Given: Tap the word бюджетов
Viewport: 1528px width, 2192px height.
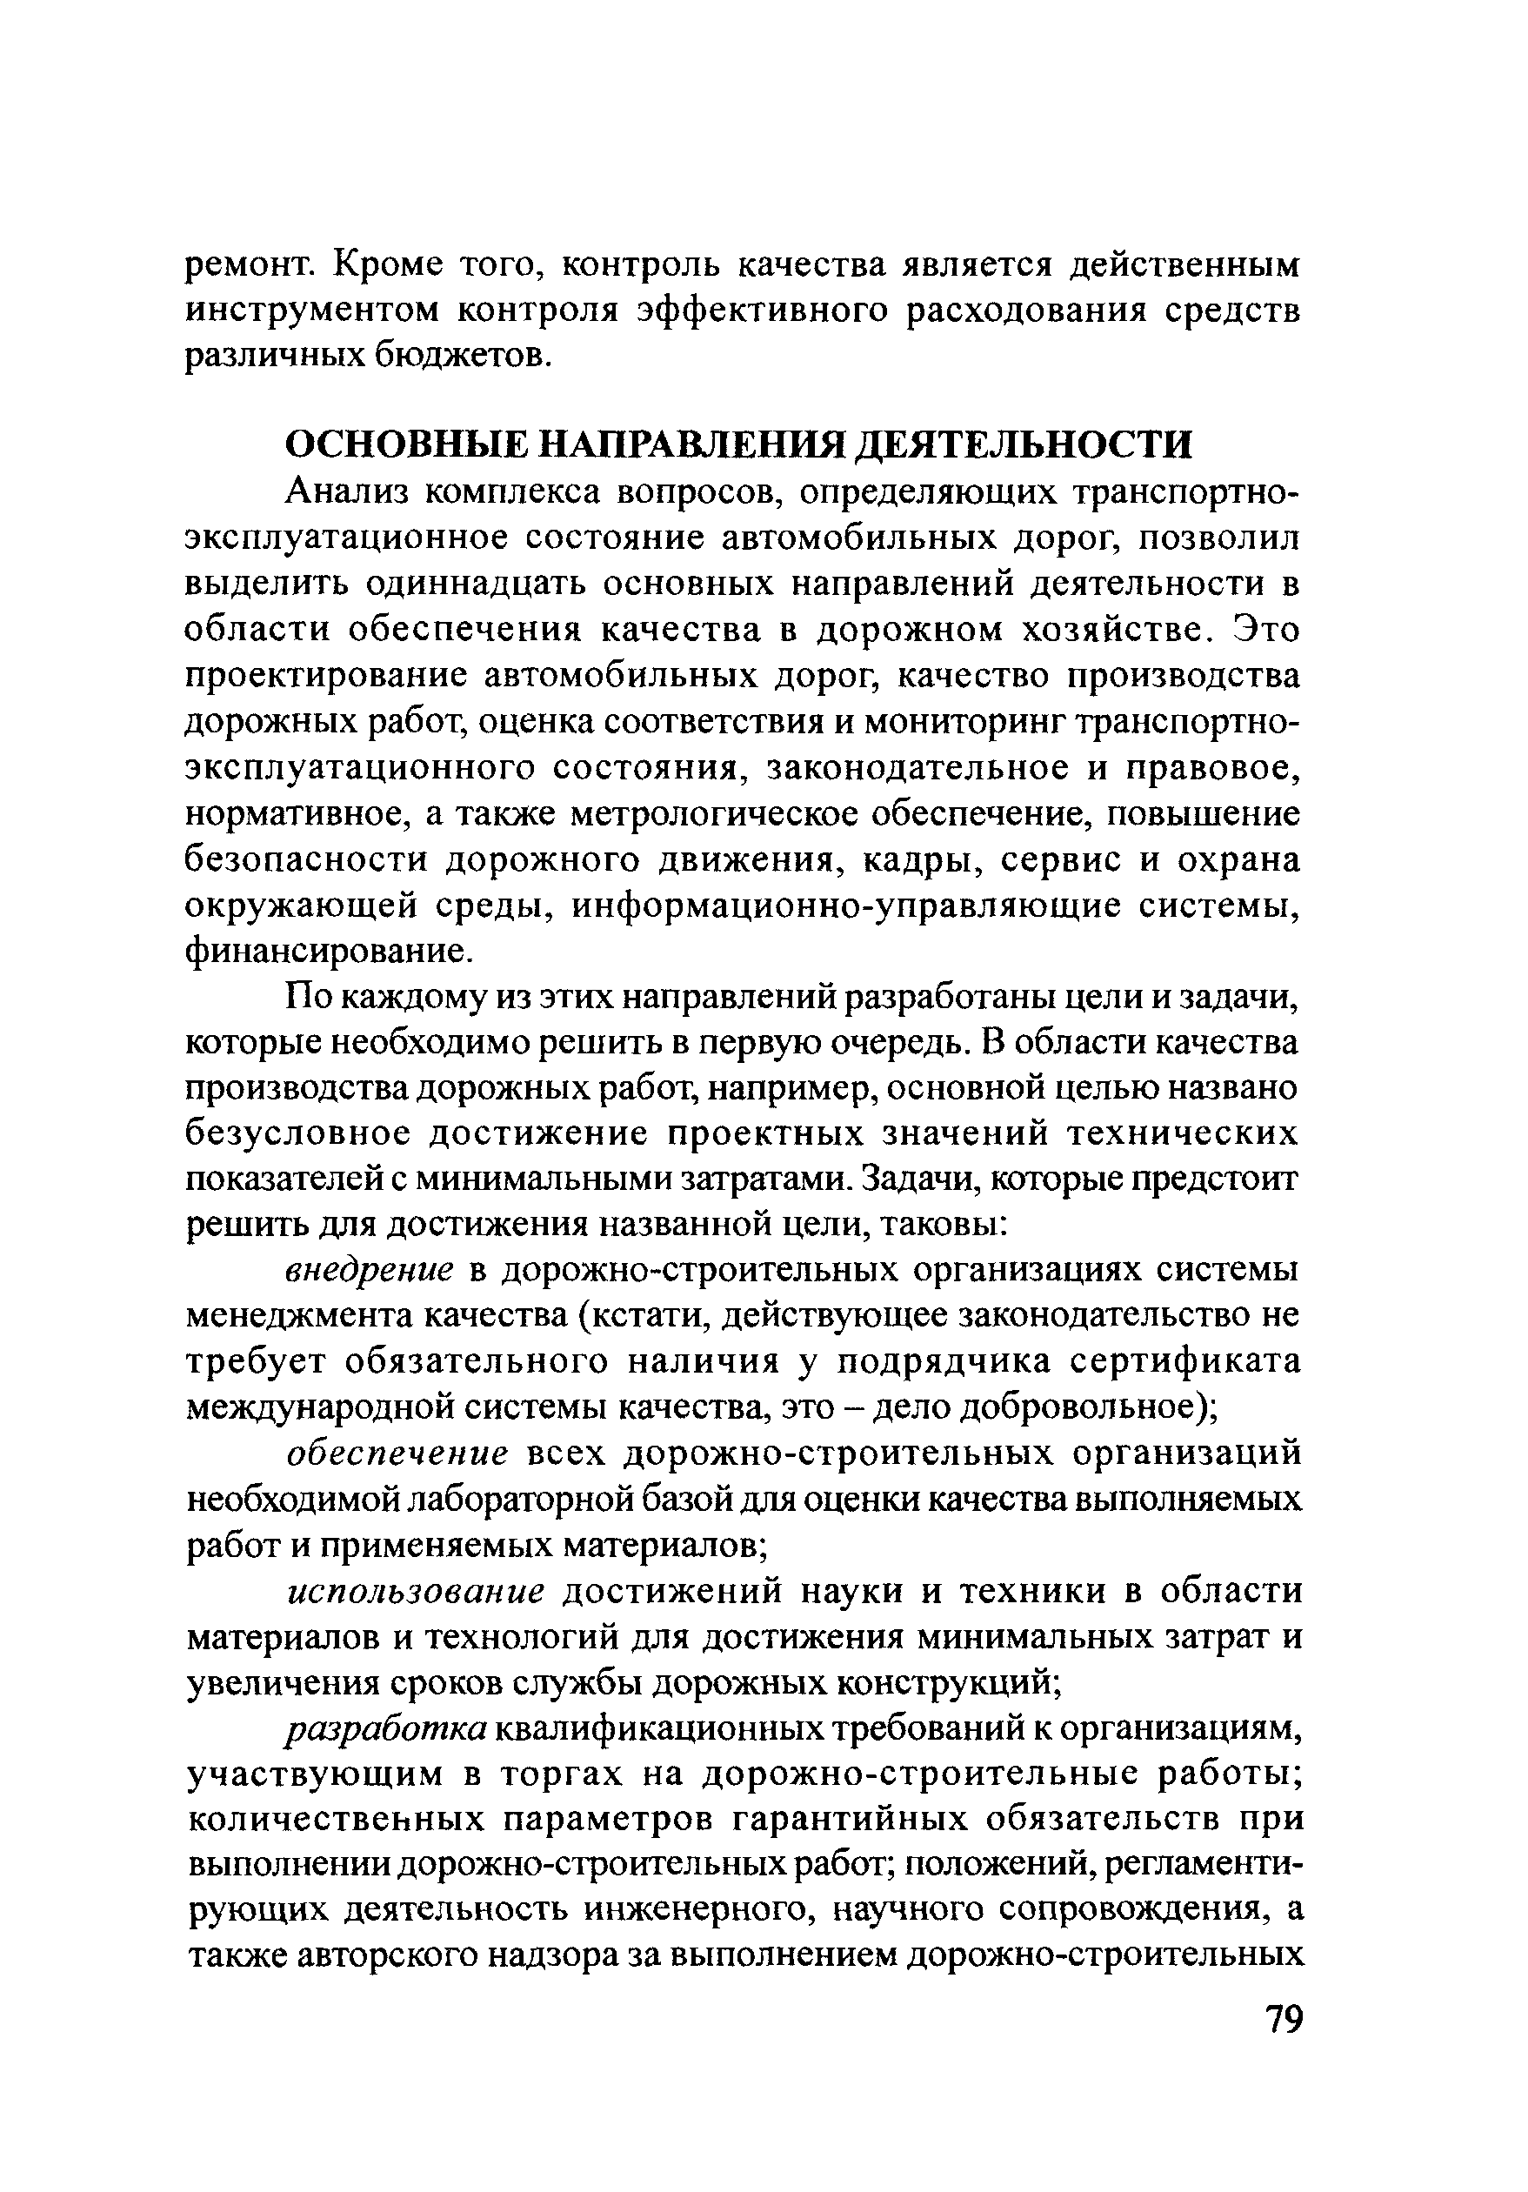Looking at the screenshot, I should (x=461, y=355).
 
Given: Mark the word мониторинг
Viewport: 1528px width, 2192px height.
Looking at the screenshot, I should (x=964, y=722).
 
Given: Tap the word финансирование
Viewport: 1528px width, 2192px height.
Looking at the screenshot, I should (x=326, y=952).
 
